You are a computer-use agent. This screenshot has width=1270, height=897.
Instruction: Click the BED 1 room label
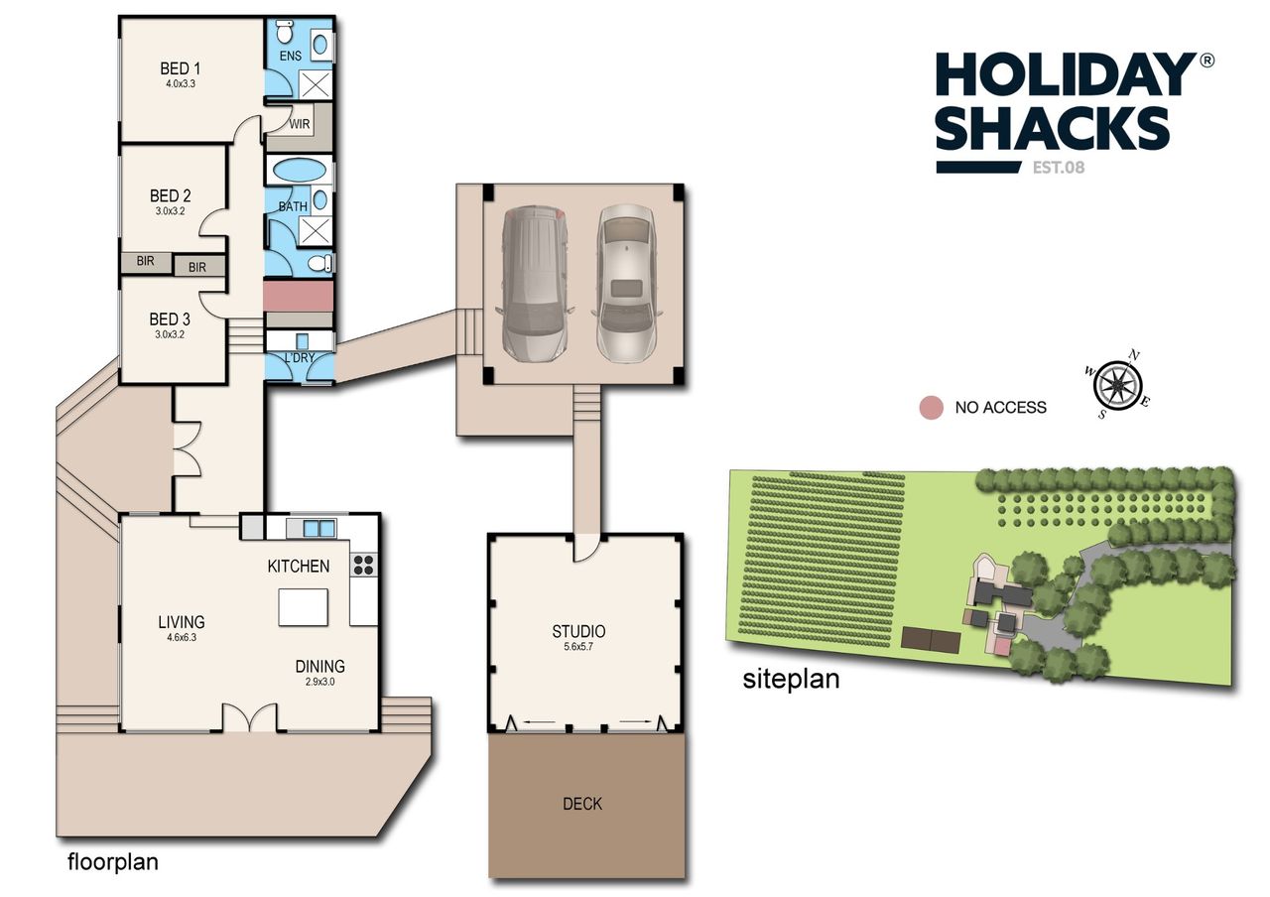coord(181,68)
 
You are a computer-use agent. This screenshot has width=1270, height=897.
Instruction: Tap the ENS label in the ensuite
coord(291,56)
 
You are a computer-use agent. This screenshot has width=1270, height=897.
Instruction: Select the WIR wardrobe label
coord(300,124)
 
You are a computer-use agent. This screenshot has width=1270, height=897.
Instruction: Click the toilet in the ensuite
coord(285,31)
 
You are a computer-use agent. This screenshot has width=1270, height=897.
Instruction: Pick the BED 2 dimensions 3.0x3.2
coord(170,211)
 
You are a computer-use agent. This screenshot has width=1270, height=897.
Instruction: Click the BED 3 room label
coord(170,320)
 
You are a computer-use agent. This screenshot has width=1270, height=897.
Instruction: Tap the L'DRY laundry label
coord(300,357)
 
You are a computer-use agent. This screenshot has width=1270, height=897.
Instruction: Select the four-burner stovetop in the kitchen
coord(363,565)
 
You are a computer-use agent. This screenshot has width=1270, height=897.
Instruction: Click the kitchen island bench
coord(303,606)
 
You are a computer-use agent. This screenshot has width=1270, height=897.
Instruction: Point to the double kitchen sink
coord(318,529)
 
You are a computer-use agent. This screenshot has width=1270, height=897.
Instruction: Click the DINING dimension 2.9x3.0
coord(319,682)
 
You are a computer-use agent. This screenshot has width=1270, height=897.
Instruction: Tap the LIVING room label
coord(182,622)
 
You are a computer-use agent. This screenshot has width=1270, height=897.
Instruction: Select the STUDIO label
coord(578,631)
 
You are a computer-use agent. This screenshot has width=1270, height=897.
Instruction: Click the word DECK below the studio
coord(582,804)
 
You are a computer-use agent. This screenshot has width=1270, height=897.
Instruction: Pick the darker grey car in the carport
coord(534,284)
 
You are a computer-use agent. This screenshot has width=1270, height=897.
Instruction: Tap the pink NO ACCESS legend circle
coord(931,407)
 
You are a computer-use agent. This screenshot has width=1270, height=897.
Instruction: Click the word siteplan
coord(791,680)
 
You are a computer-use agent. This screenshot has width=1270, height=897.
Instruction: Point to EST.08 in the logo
coord(1059,168)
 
